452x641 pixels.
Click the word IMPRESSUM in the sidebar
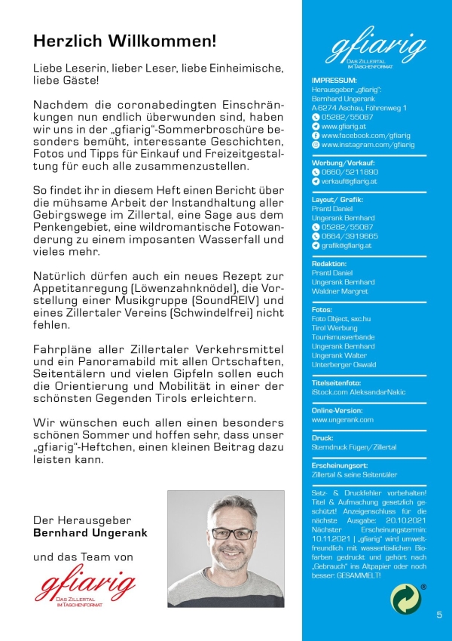pyautogui.click(x=334, y=79)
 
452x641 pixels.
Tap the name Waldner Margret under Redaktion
pyautogui.click(x=340, y=291)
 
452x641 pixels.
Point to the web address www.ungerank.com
pyautogui.click(x=342, y=419)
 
